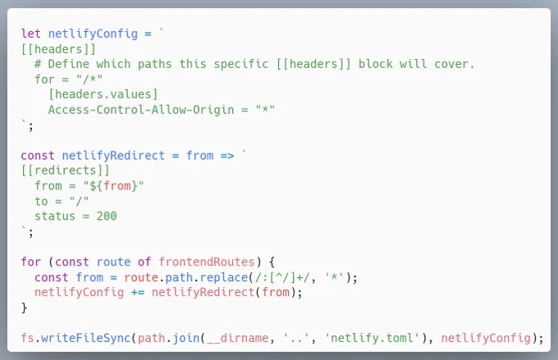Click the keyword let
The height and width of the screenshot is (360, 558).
[x=31, y=34]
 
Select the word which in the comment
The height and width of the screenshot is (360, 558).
[x=113, y=64]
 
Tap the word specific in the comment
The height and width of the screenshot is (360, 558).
[x=241, y=65]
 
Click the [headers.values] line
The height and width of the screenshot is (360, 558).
[x=103, y=94]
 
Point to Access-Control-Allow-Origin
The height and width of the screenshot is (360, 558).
[x=141, y=110]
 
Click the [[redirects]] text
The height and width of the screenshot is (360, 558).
[x=65, y=171]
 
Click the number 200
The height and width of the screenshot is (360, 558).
[x=107, y=216]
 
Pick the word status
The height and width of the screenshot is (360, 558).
[x=55, y=216]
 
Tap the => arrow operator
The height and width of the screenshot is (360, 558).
[x=227, y=156]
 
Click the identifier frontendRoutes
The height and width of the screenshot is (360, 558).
[x=207, y=262]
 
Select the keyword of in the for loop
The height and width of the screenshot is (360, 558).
[x=144, y=262]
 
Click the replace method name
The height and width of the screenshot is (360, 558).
[x=224, y=277]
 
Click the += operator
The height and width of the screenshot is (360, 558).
[x=138, y=293]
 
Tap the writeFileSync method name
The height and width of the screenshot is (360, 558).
[x=86, y=338]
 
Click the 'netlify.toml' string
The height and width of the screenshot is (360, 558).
[x=373, y=338]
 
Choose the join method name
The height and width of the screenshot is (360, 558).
[x=186, y=338]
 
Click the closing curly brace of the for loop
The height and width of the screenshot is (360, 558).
[x=24, y=308]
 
